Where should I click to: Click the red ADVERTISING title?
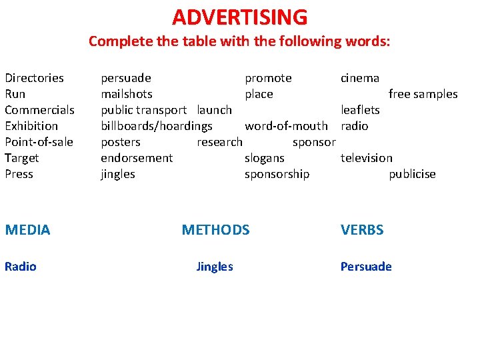[240, 17]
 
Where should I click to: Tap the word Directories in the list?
[34, 78]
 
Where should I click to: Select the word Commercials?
[39, 110]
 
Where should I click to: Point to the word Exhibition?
[31, 126]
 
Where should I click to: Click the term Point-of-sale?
[39, 142]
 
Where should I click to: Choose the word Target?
[21, 158]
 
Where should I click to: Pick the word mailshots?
[127, 94]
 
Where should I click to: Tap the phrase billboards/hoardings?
[157, 126]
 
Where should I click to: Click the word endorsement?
[137, 158]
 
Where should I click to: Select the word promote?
[268, 78]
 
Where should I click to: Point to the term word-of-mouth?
[286, 126]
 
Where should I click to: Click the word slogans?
[265, 158]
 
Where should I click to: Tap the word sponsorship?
[277, 174]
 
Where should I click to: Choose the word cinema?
[360, 78]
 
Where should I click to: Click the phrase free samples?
[423, 94]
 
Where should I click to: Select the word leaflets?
[360, 110]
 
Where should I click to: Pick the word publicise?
[412, 174]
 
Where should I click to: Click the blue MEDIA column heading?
[27, 230]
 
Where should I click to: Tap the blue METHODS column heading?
[215, 230]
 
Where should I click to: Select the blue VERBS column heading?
[362, 230]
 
